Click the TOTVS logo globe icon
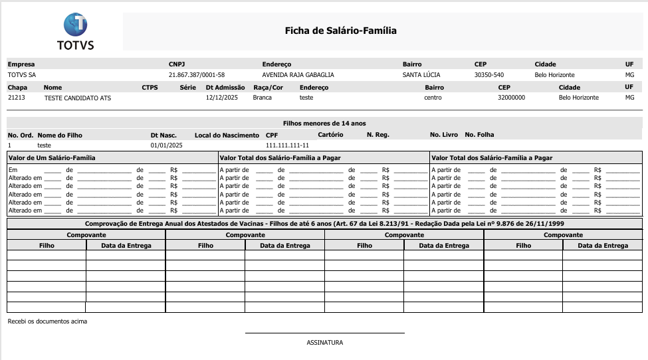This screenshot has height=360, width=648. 75,25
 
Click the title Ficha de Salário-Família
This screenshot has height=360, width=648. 340,31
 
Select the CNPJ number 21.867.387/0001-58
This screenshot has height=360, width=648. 197,75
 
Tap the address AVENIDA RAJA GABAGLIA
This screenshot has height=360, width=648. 298,75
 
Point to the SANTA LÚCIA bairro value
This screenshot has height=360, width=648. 421,75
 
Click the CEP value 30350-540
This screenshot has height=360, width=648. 488,75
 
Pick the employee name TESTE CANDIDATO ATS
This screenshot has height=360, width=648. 78,98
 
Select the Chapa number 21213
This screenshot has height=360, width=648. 17,98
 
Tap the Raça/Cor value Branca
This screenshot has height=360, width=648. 263,98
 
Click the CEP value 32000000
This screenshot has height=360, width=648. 511,98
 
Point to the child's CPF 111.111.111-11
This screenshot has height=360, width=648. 287,145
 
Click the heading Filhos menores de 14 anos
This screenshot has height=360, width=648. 324,124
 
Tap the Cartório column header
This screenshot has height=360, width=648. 330,135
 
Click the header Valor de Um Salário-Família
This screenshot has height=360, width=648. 52,158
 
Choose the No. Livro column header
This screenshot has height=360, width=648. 444,135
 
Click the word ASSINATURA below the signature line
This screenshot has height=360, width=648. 324,343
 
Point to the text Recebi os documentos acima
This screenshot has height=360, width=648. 47,321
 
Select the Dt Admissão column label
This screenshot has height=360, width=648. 225,87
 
